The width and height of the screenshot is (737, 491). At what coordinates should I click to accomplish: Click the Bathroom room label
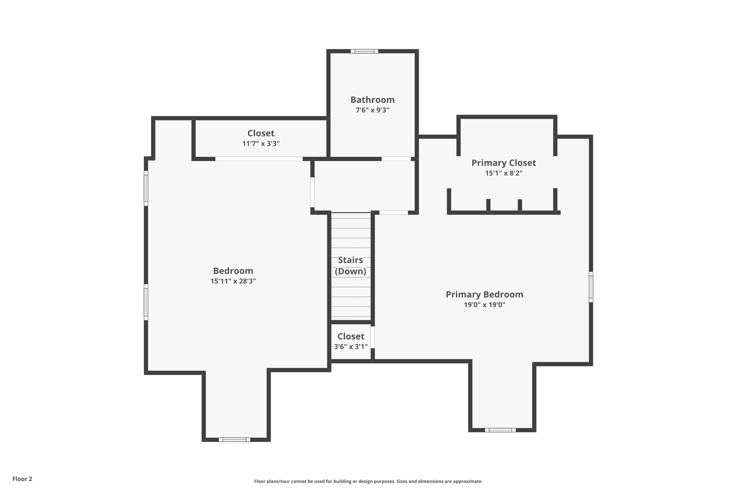(x=372, y=100)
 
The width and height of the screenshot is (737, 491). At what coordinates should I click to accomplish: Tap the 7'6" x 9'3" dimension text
(x=372, y=110)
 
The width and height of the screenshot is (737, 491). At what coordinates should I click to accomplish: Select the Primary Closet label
(x=503, y=163)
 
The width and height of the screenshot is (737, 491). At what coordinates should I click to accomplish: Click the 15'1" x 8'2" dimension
(x=503, y=173)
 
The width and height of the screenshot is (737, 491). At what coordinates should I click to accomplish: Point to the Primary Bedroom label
(x=484, y=294)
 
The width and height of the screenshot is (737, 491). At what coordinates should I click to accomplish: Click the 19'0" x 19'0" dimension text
(x=484, y=305)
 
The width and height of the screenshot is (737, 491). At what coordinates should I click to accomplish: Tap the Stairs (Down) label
(x=351, y=265)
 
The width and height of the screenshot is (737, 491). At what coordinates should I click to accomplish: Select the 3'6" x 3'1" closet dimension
(x=351, y=346)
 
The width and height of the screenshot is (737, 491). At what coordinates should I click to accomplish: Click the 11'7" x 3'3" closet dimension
(x=261, y=144)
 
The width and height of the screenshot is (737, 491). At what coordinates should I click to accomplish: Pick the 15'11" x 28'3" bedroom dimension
(x=233, y=281)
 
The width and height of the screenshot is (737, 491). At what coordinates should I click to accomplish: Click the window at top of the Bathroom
(x=364, y=51)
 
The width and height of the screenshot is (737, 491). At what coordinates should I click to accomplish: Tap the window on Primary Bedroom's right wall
(x=591, y=287)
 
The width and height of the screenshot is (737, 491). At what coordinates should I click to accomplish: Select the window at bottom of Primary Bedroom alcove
(x=500, y=430)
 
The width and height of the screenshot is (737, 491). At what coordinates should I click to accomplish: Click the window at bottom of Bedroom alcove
(x=234, y=440)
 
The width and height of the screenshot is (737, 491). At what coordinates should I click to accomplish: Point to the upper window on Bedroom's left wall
(x=146, y=188)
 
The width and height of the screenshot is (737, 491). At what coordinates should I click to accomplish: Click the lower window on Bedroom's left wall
(x=146, y=302)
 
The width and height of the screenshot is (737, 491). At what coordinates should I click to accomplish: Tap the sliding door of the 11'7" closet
(x=259, y=159)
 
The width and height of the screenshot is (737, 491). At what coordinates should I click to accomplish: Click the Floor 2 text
(x=22, y=479)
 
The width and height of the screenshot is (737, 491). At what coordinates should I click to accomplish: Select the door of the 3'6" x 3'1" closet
(x=373, y=337)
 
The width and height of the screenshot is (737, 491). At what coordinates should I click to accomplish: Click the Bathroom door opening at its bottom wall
(x=396, y=159)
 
